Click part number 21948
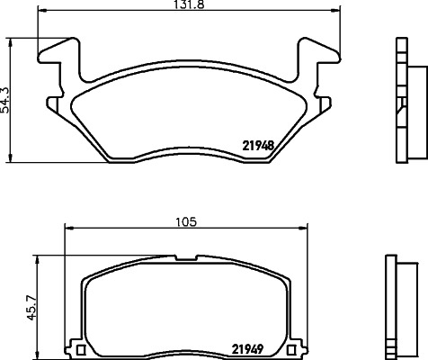coord(257,144)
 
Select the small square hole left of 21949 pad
coord(79,349)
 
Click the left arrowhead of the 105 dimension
coord(67,230)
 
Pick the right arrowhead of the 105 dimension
coord(301,230)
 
